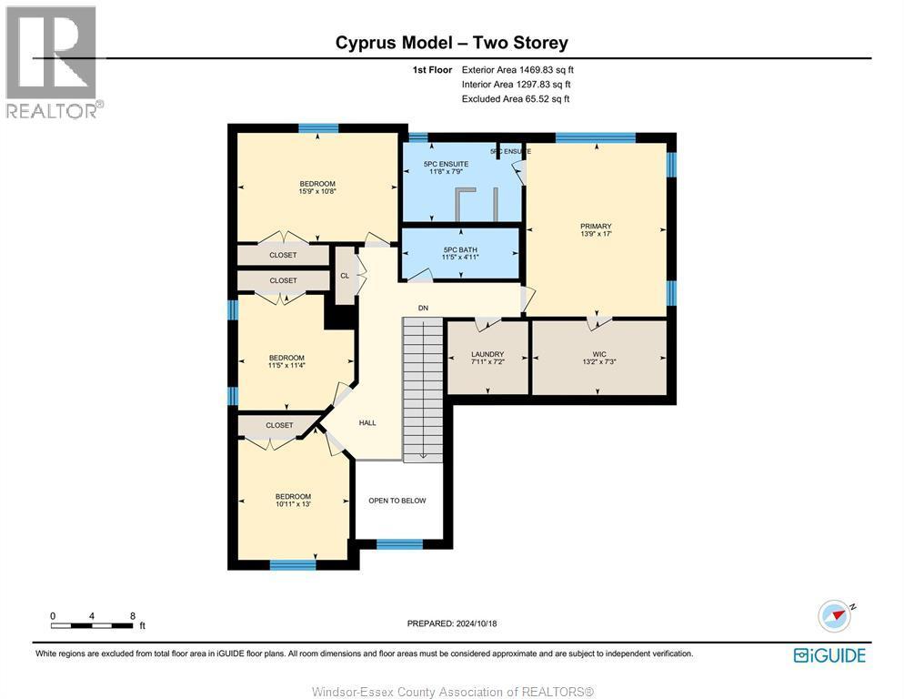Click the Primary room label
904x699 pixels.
[x=596, y=227]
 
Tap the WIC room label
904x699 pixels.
[x=599, y=354]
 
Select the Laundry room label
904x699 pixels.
[x=487, y=354]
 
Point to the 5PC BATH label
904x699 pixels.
[x=460, y=250]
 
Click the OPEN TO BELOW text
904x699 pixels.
[x=397, y=501]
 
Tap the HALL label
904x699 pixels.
[x=367, y=422]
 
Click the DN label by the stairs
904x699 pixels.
[x=423, y=309]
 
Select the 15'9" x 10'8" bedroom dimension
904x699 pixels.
[x=317, y=191]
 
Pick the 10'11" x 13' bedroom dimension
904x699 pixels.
[x=293, y=504]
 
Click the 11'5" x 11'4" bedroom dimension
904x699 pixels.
[x=286, y=365]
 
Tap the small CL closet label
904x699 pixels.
[x=345, y=276]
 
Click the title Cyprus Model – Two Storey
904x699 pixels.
[x=452, y=43]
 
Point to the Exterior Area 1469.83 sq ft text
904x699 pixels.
[x=517, y=70]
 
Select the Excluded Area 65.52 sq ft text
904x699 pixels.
[x=516, y=98]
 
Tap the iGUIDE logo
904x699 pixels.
[x=829, y=655]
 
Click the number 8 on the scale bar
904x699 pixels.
[x=133, y=616]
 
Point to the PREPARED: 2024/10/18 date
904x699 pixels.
[x=452, y=623]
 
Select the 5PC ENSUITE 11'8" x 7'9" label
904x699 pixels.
[x=447, y=167]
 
